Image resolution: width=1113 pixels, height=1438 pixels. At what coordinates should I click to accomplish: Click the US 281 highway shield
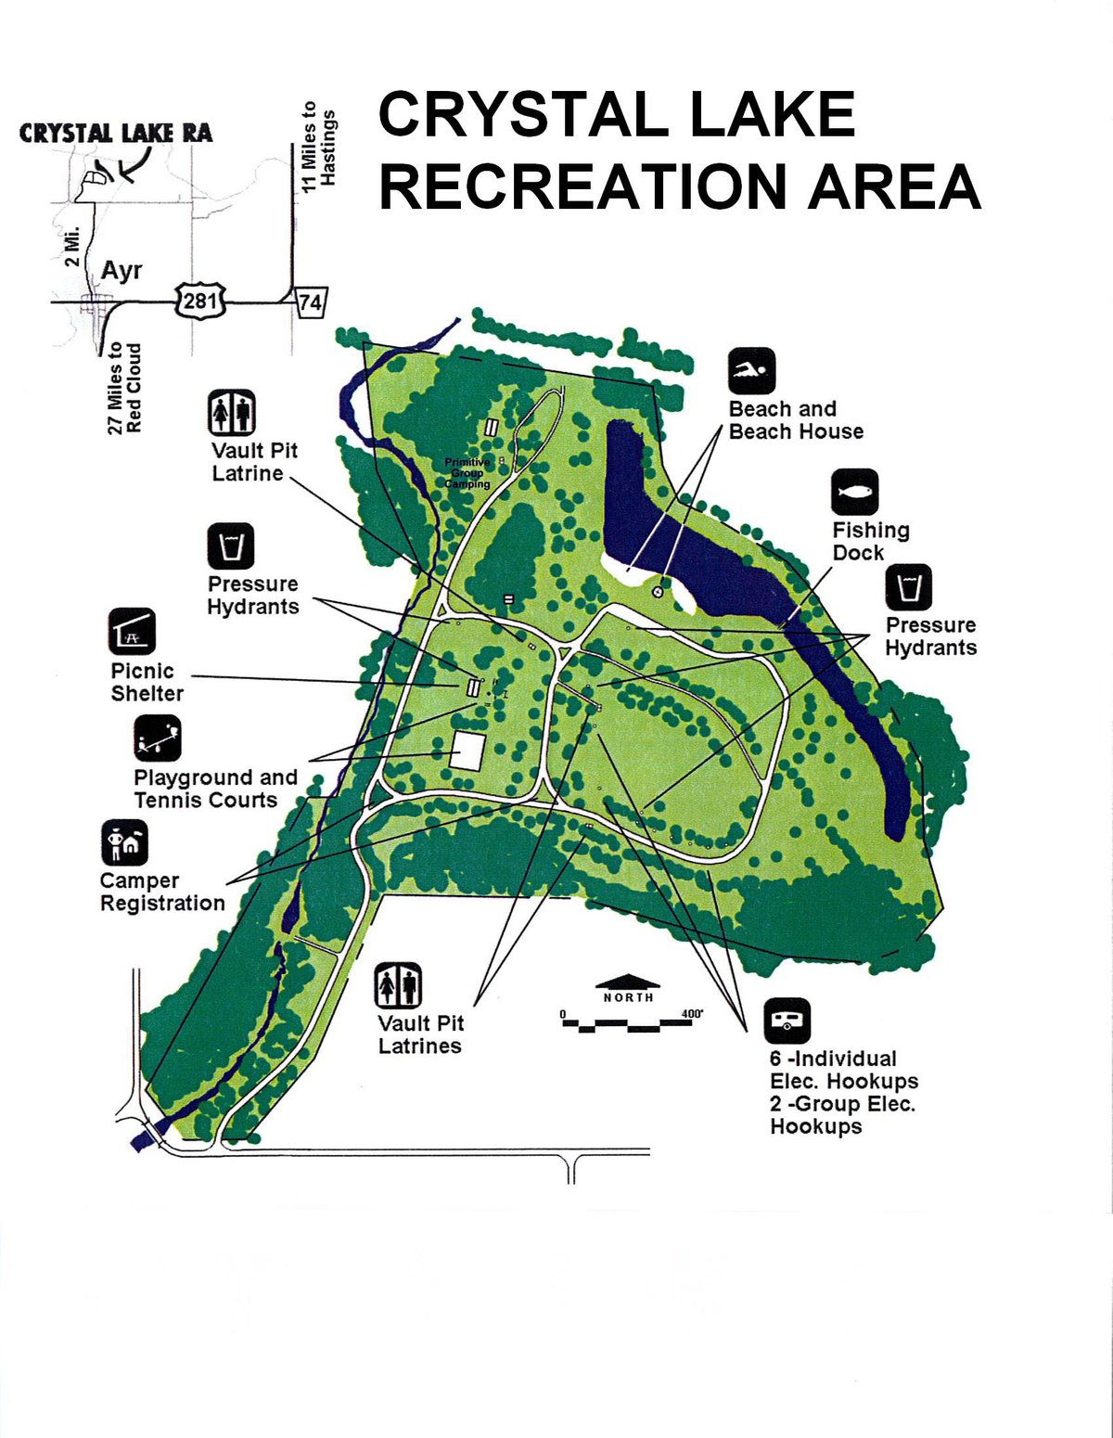[x=199, y=301]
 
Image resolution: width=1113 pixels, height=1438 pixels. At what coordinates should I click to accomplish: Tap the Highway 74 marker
[x=310, y=302]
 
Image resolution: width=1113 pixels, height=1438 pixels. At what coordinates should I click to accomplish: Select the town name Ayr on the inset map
[x=122, y=270]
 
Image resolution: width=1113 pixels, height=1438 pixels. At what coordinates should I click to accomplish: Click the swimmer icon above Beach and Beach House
[x=751, y=372]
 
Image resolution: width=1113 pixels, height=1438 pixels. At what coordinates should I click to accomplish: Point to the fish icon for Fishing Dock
[x=854, y=492]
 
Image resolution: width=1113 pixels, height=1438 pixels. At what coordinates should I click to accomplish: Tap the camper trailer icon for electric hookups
[x=787, y=1021]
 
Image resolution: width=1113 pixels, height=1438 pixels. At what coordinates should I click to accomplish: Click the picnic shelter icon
[x=132, y=632]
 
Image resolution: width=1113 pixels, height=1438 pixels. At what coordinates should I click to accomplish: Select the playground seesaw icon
[x=157, y=738]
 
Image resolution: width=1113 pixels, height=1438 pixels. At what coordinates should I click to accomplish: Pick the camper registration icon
[x=124, y=842]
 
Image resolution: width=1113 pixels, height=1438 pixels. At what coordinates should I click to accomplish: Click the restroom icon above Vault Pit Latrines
[x=399, y=985]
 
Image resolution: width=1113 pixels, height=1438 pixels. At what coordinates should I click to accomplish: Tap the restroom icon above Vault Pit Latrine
[x=231, y=413]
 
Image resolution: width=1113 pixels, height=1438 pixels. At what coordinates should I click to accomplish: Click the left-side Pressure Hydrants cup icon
[x=230, y=546]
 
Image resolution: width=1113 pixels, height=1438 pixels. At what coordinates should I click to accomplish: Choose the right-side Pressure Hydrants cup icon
[x=908, y=587]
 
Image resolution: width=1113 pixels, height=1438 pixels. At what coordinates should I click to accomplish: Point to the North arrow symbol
[x=628, y=982]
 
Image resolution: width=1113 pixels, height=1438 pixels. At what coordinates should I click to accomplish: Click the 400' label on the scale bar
[x=692, y=1013]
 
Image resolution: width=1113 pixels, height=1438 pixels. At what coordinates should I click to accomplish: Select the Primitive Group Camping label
[x=467, y=473]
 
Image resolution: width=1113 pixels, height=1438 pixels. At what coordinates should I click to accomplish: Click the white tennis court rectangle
[x=467, y=750]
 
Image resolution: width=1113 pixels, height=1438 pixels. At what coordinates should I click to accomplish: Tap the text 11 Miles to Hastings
[x=318, y=147]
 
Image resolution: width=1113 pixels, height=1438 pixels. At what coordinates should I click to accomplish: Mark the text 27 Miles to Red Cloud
[x=124, y=388]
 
